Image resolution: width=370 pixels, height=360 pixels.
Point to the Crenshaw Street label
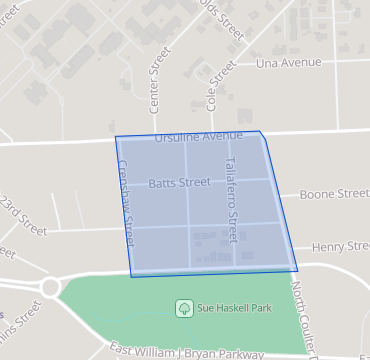click(126, 204)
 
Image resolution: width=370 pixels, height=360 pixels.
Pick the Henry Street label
click(341, 246)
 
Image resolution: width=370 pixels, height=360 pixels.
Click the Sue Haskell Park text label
click(234, 308)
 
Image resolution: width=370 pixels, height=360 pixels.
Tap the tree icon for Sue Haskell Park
click(184, 308)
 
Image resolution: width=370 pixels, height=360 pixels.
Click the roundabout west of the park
click(50, 288)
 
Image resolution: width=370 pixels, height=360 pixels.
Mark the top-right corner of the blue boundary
click(260, 131)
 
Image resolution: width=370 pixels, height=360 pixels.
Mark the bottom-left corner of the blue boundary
click(132, 276)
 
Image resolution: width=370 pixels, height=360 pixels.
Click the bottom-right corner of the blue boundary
click(297, 270)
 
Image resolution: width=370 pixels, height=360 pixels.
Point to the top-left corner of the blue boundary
click(115, 136)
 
